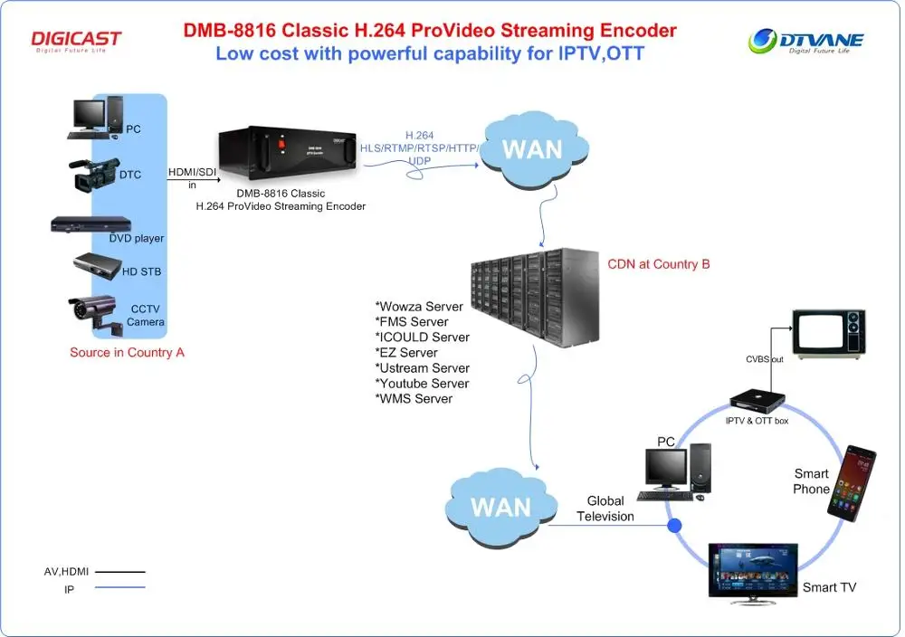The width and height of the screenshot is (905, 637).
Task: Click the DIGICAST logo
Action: [76, 41]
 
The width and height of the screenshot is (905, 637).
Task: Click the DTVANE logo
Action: [806, 41]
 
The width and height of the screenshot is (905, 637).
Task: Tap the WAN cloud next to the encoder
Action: [531, 148]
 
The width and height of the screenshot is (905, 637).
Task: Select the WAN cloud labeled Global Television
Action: [500, 505]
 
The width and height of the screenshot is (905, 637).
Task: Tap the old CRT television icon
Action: [828, 331]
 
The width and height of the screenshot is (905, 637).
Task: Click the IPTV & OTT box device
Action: [757, 403]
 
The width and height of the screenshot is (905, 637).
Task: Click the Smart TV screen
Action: [752, 571]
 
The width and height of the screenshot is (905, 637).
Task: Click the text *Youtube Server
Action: [423, 384]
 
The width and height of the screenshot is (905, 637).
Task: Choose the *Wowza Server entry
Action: [419, 307]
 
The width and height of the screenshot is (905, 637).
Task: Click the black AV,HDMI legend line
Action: [119, 572]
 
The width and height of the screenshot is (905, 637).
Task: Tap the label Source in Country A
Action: [127, 352]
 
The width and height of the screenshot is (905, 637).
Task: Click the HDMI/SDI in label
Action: [191, 178]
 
